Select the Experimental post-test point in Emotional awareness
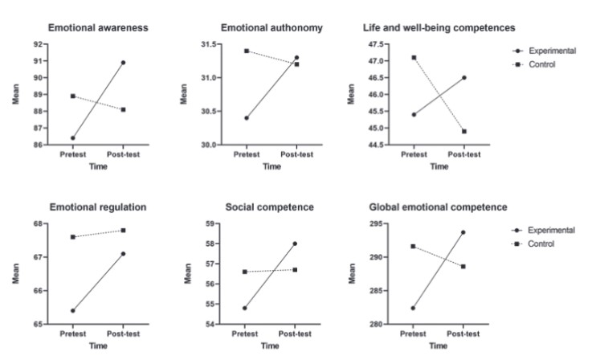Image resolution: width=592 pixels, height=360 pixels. (x=123, y=62)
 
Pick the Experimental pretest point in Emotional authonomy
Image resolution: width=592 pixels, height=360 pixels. (x=246, y=117)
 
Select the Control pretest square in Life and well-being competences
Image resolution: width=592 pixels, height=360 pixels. (x=414, y=57)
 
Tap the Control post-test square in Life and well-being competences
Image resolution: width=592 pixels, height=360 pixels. (x=464, y=131)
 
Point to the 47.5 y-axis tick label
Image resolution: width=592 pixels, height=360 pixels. (x=375, y=44)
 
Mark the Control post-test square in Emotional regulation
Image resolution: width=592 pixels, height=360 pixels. (x=123, y=231)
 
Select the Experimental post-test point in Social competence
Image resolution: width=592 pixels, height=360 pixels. (x=296, y=243)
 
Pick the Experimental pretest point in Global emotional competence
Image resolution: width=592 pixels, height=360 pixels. (x=414, y=308)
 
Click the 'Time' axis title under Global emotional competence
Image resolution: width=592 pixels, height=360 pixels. (x=438, y=346)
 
